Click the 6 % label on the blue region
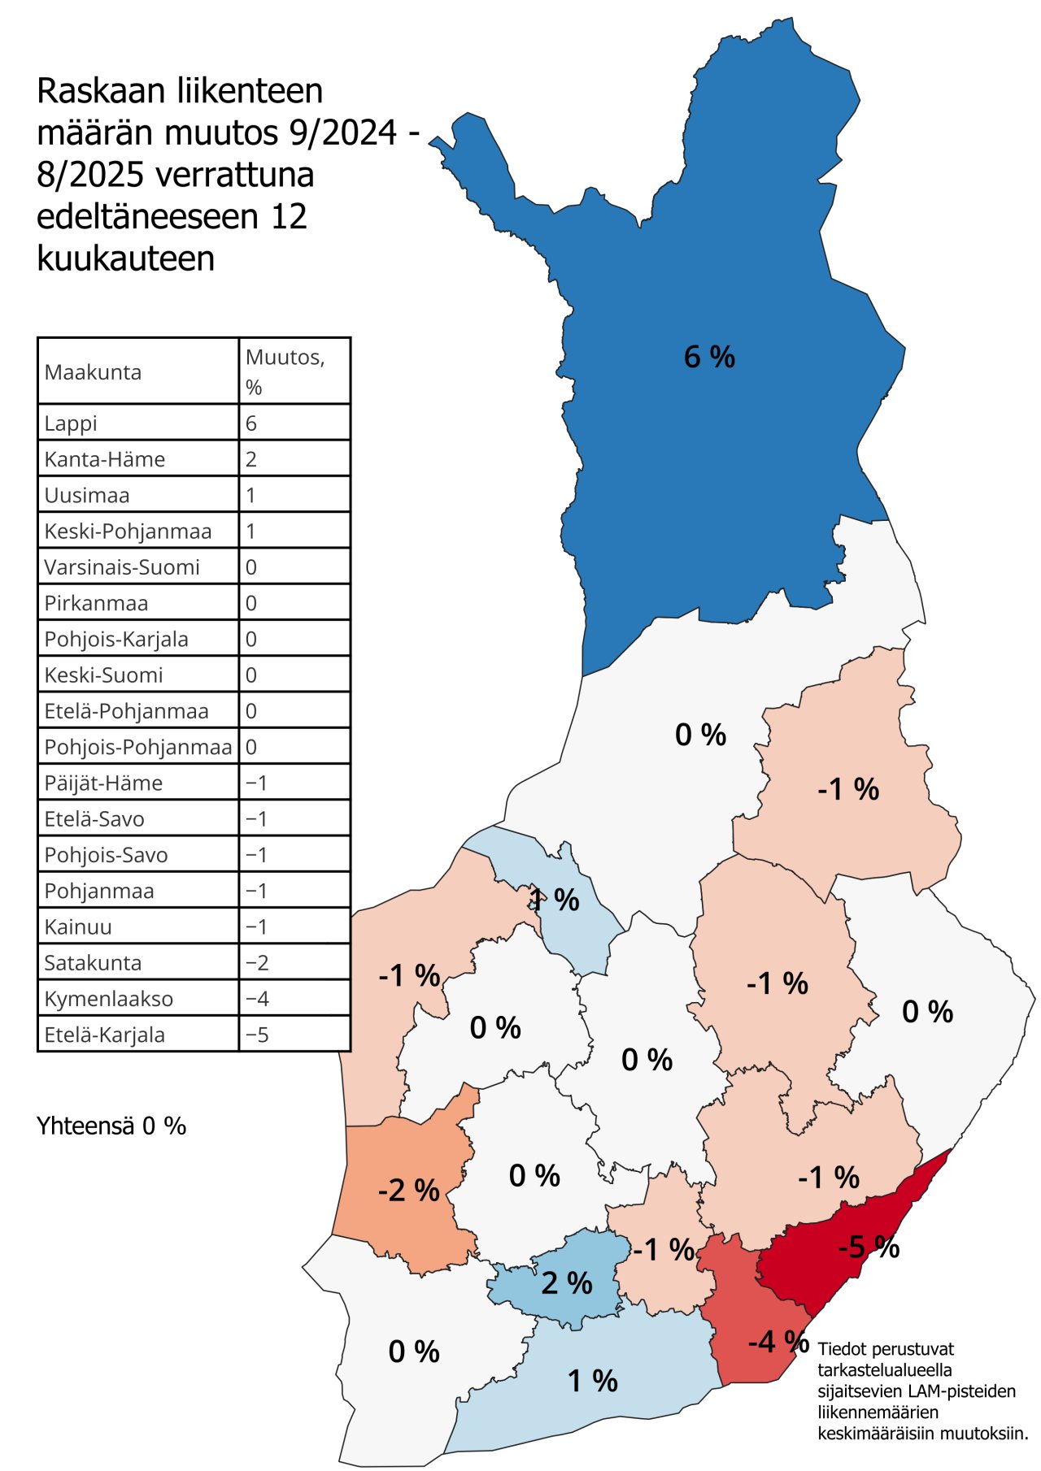(709, 357)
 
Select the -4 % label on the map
(777, 1342)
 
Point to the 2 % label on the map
(567, 1283)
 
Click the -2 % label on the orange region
(408, 1191)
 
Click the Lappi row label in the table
(71, 423)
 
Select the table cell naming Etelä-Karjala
(104, 1035)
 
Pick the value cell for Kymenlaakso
(257, 999)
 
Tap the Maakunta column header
(93, 372)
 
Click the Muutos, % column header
(285, 371)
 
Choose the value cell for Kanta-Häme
(251, 459)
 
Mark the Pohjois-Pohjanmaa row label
(137, 747)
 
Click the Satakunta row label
(93, 963)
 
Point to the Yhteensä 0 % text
(111, 1126)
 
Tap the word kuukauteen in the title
(126, 258)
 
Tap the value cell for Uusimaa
(251, 495)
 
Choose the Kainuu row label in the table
(78, 927)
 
